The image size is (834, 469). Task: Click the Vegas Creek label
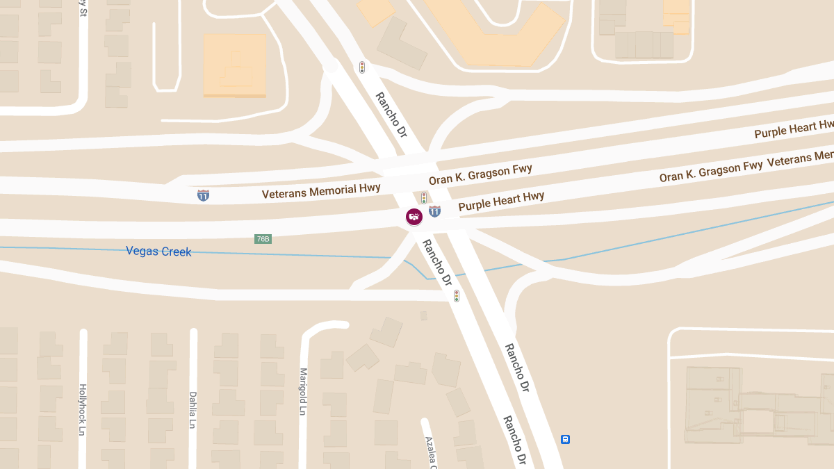(x=158, y=251)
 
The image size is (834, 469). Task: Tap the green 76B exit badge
(x=263, y=239)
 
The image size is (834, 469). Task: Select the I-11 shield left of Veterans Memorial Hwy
(x=203, y=195)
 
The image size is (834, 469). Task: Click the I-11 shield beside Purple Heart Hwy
(x=434, y=211)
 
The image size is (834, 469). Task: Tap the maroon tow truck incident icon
(x=414, y=217)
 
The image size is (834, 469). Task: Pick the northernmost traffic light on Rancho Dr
(x=362, y=67)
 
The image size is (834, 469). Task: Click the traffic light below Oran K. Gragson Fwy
(x=424, y=197)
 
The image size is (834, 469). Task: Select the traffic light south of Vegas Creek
(x=457, y=296)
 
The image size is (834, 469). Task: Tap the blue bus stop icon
(x=566, y=439)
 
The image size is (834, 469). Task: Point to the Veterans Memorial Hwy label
(x=321, y=190)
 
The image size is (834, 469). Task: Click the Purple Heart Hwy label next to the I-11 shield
(x=501, y=201)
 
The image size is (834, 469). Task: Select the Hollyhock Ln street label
(x=83, y=409)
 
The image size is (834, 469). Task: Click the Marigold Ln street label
(x=303, y=392)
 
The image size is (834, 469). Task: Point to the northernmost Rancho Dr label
(x=391, y=115)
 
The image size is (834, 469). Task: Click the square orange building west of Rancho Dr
(x=235, y=65)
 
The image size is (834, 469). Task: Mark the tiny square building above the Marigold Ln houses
(x=424, y=315)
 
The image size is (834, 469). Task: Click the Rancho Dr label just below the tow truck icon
(x=437, y=263)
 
